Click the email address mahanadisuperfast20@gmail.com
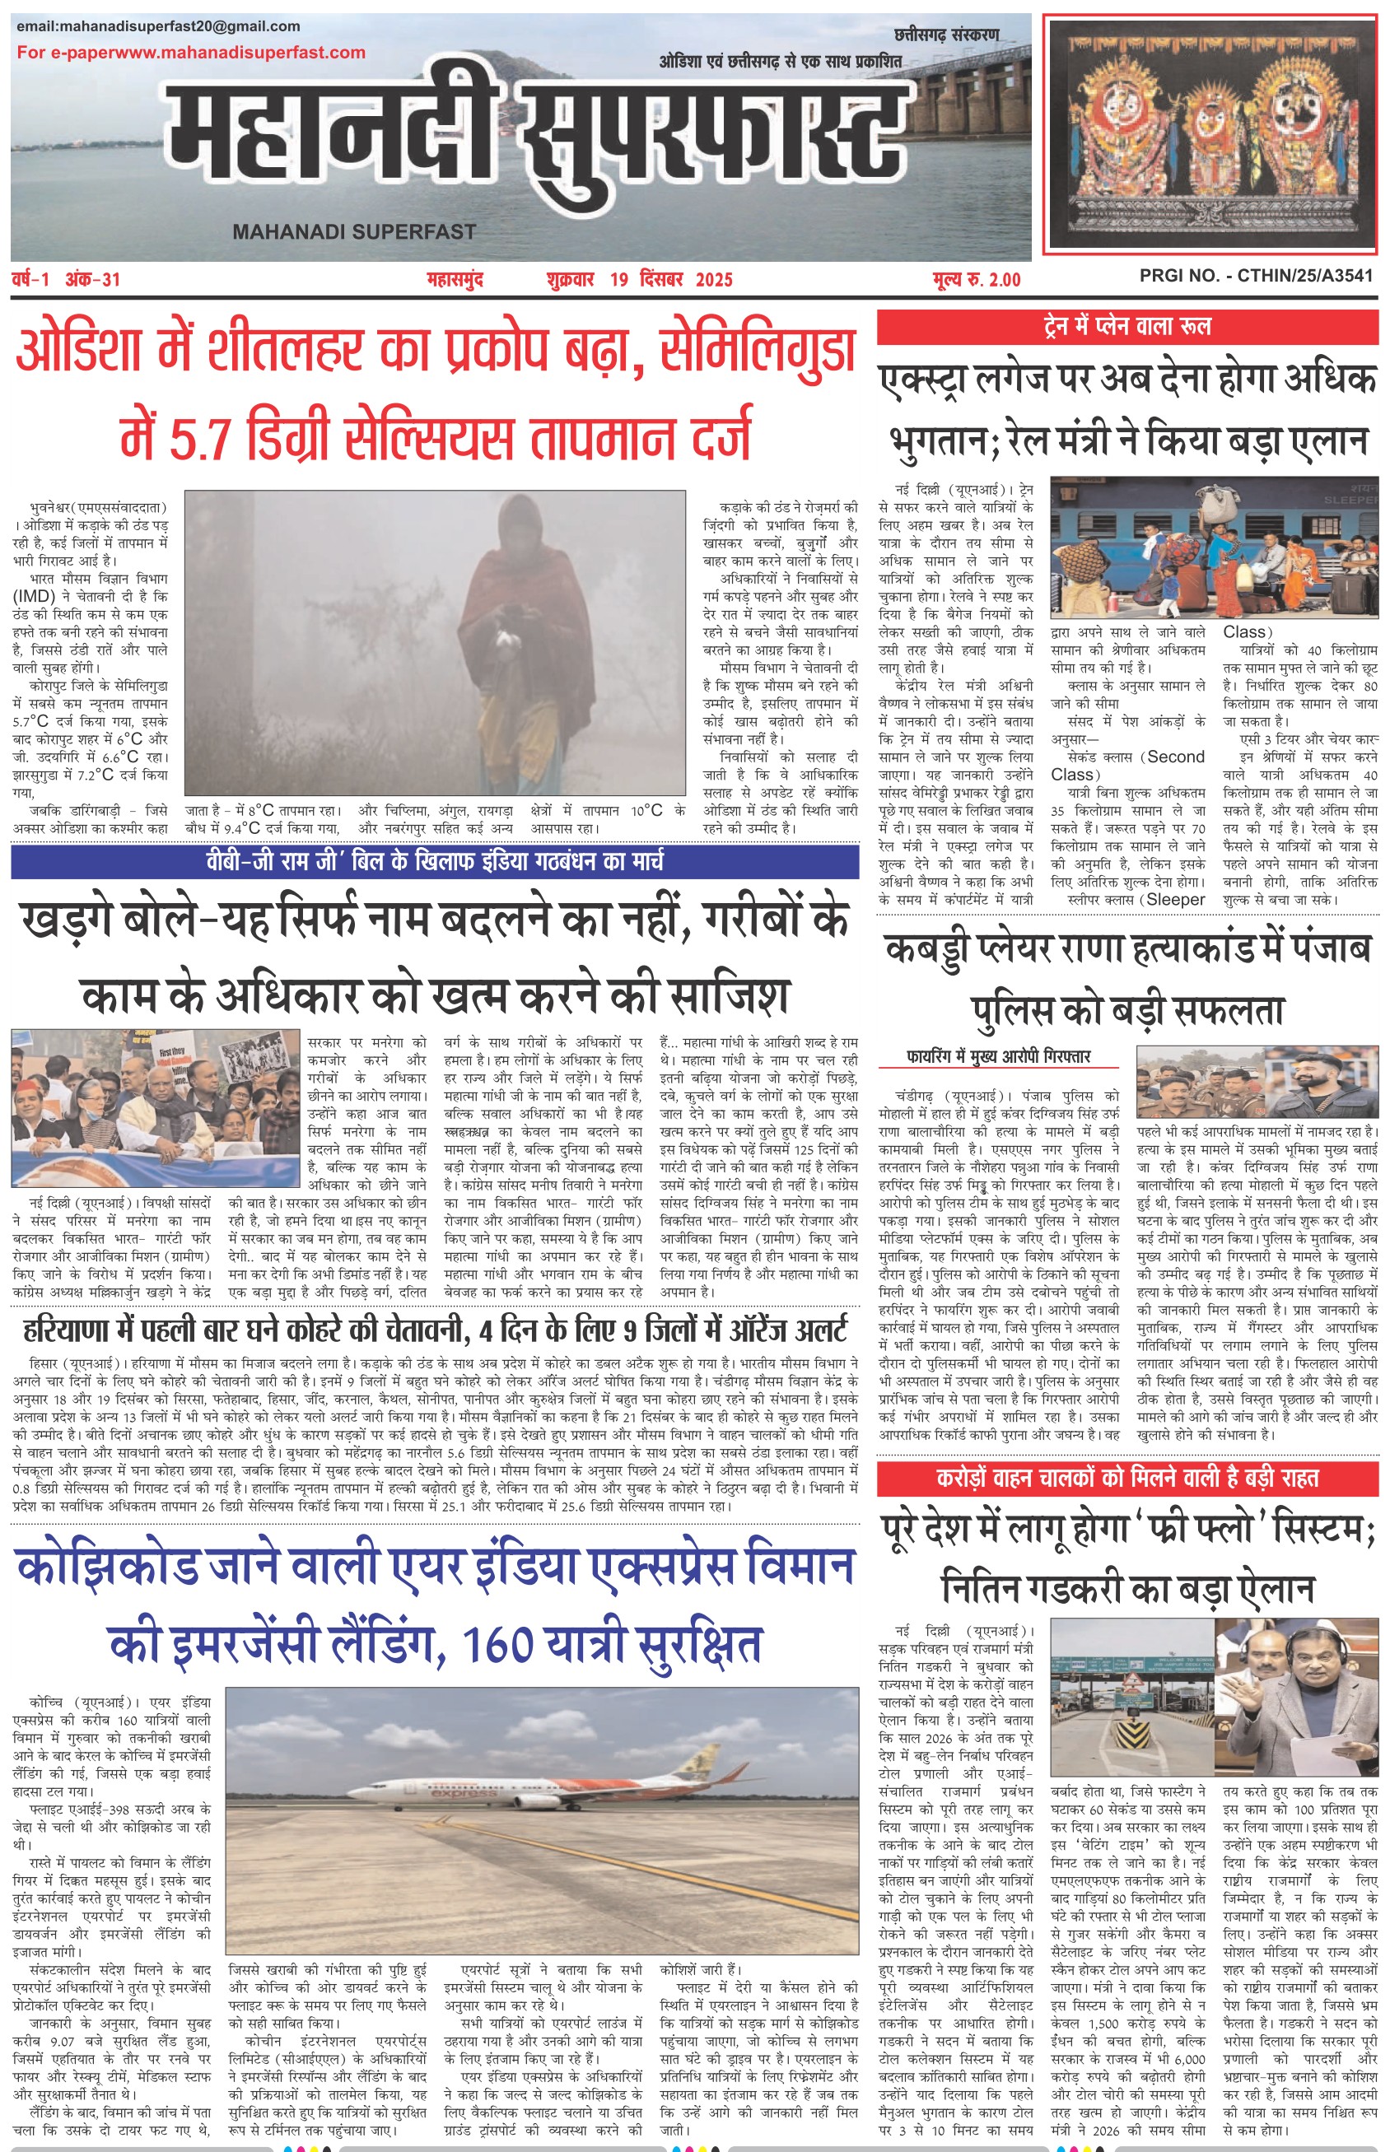(x=158, y=26)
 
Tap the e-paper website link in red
(x=190, y=53)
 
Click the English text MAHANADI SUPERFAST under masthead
(x=354, y=232)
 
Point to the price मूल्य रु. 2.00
(x=977, y=280)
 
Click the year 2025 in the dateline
(x=714, y=280)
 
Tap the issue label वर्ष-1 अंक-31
(x=66, y=280)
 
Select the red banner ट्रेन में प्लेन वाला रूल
(x=1126, y=326)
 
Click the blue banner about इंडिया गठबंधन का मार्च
(x=434, y=861)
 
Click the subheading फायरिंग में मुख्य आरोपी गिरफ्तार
(x=998, y=1056)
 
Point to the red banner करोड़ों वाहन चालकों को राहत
(x=1126, y=1479)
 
